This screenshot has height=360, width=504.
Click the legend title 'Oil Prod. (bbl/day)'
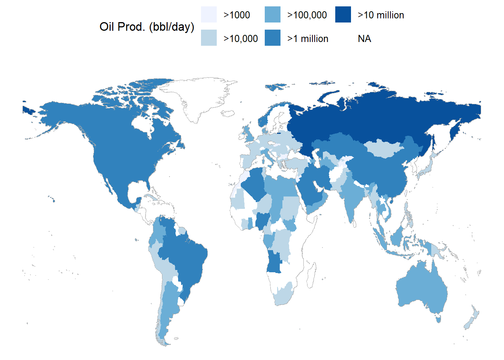[147, 27]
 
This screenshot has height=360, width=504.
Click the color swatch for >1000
[208, 15]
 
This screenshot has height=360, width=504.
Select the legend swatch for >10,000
[208, 38]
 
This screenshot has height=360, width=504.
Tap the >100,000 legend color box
[272, 15]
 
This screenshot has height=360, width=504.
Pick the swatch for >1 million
[272, 38]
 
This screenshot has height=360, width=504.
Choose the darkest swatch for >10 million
[343, 15]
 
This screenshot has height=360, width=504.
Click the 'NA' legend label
[364, 39]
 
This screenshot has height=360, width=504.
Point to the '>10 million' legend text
[381, 15]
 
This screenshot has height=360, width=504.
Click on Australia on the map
[420, 289]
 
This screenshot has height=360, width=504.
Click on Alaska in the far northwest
[60, 116]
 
